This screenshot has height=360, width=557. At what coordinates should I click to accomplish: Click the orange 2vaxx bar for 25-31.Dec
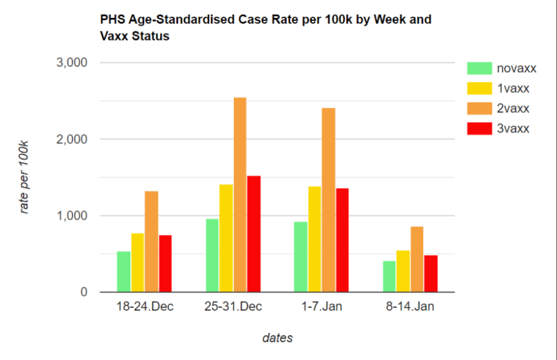[x=240, y=195]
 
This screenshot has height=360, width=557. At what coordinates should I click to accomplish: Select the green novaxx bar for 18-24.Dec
[x=123, y=272]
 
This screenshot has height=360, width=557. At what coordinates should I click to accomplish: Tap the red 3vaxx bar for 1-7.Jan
[x=342, y=240]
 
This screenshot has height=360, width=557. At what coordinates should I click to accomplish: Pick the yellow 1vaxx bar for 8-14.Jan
[x=403, y=272]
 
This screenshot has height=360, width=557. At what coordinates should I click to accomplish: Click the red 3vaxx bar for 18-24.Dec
[x=165, y=264]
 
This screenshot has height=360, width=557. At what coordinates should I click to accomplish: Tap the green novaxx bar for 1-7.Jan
[x=300, y=257]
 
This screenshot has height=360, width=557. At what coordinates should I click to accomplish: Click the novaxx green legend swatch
[x=478, y=68]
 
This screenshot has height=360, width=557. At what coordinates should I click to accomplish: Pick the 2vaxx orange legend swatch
[x=478, y=109]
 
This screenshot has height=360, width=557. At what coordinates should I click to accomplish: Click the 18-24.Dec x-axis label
[x=144, y=308]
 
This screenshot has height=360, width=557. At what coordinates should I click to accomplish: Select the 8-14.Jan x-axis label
[x=410, y=308]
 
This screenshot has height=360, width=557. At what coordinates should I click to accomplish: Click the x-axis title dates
[x=277, y=338]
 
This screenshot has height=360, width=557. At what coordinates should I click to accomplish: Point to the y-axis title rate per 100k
[x=24, y=178]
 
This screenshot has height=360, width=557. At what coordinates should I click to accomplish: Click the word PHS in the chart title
[x=114, y=19]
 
